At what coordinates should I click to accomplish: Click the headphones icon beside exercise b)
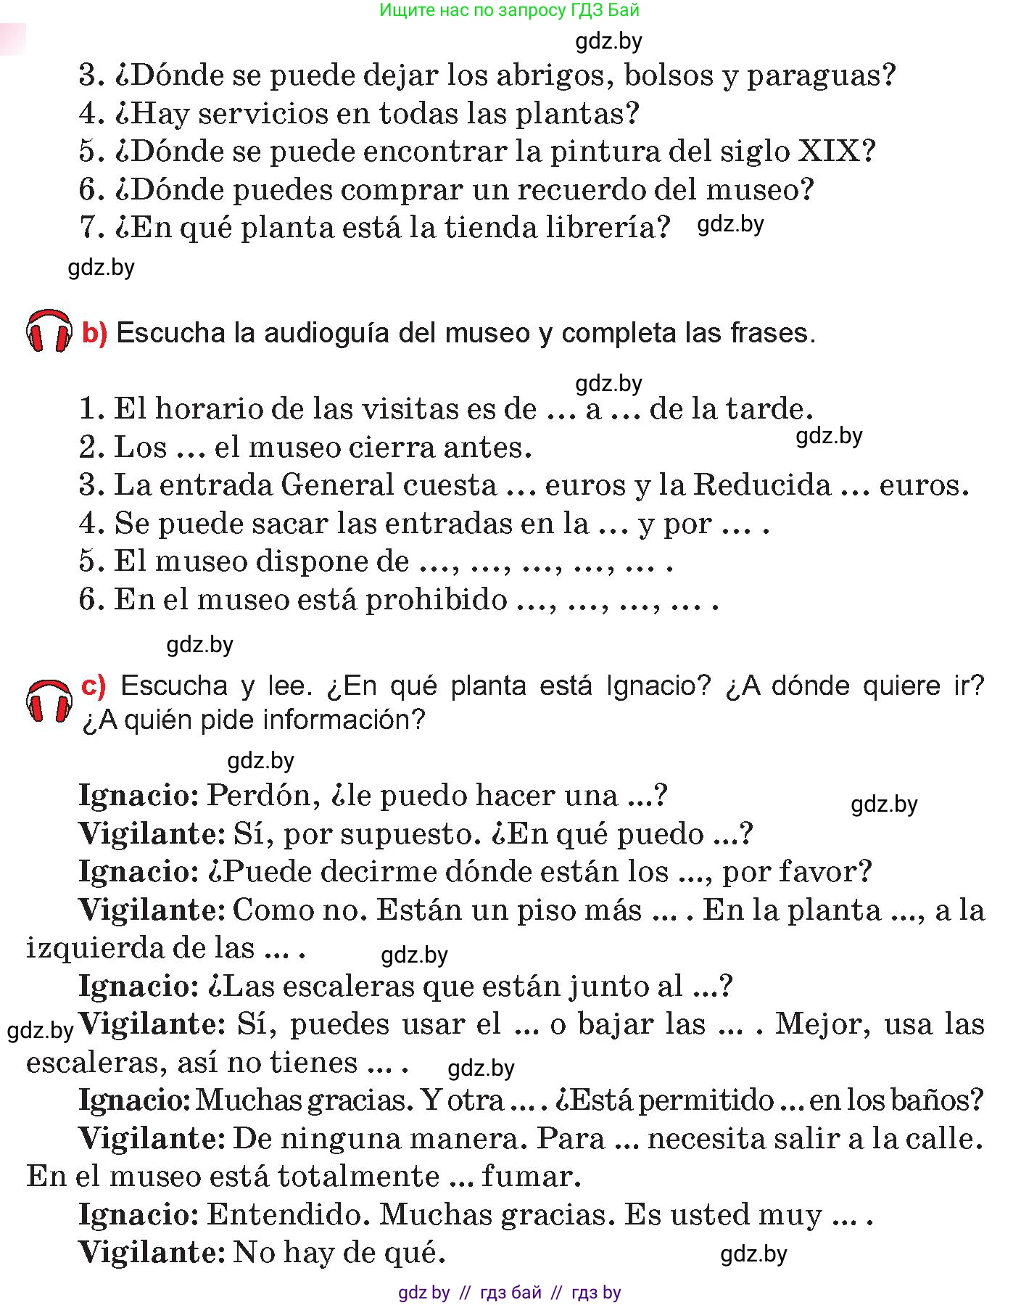[x=49, y=332]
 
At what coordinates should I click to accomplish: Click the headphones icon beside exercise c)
[x=49, y=701]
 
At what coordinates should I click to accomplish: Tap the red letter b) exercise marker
[x=94, y=333]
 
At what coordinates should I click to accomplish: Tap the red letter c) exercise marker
[x=94, y=686]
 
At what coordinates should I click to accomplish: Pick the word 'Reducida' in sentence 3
[x=762, y=485]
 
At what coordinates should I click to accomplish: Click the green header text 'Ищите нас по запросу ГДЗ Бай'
[x=509, y=10]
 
